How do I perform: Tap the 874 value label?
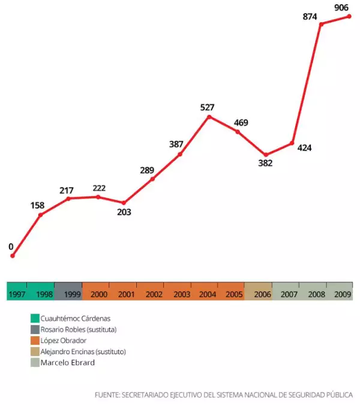click(310, 17)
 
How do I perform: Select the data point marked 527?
click(209, 116)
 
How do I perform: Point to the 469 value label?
click(241, 123)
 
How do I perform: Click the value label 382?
click(265, 163)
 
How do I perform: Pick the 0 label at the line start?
click(11, 246)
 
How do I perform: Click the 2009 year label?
click(343, 294)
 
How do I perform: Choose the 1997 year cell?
click(17, 294)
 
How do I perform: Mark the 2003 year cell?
click(181, 294)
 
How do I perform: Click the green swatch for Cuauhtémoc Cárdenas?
click(35, 318)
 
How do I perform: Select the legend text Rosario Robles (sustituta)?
click(78, 329)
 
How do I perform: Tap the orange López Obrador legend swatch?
click(35, 340)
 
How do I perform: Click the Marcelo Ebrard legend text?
click(68, 363)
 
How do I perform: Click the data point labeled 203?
click(124, 203)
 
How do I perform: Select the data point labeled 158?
click(40, 215)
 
